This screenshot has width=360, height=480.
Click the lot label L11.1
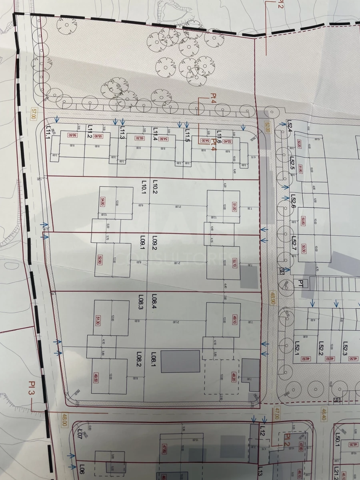[x=49, y=132]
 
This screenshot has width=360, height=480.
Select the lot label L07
[x=80, y=434]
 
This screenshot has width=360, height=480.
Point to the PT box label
[x=301, y=283]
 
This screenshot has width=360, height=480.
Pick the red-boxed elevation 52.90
[x=100, y=260]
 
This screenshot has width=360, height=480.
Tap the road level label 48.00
[x=64, y=421]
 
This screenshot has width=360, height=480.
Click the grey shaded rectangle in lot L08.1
[x=180, y=361]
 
